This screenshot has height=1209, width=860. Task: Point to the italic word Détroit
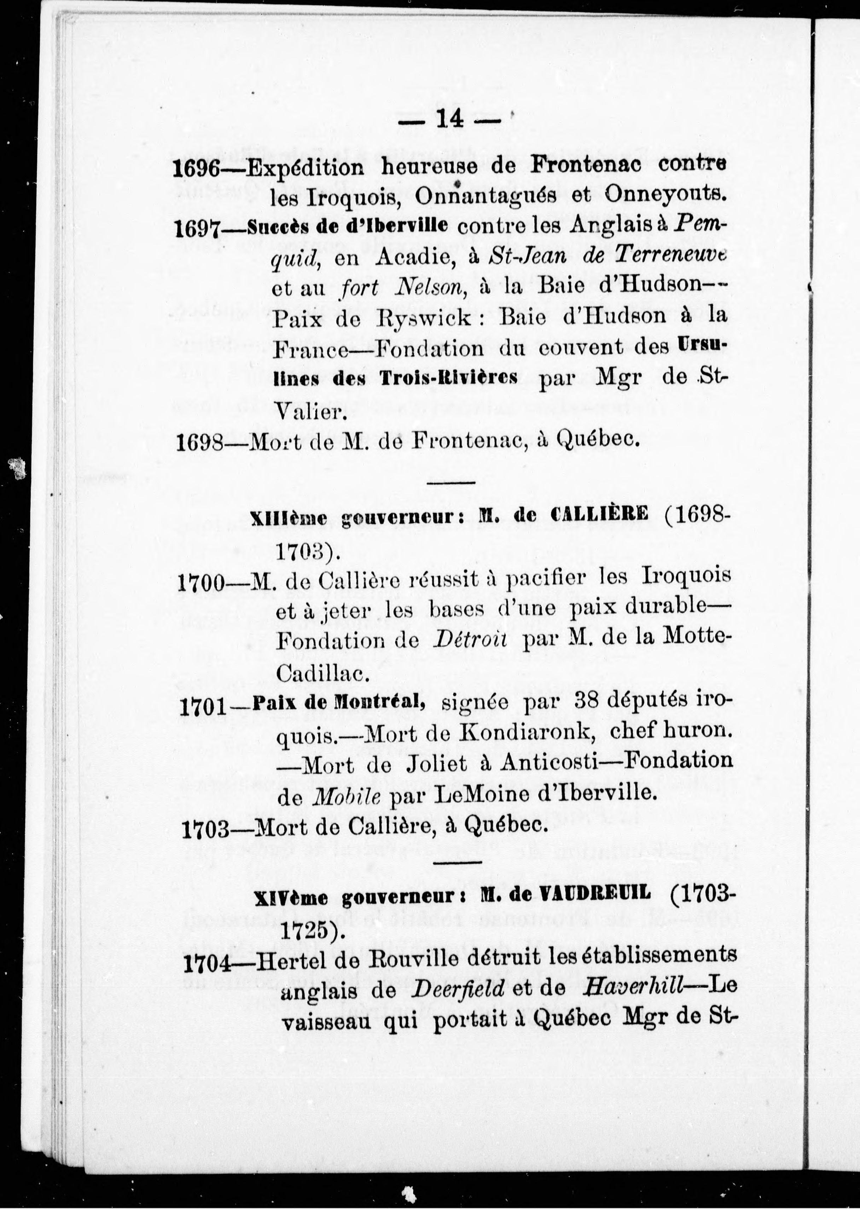tap(469, 639)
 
